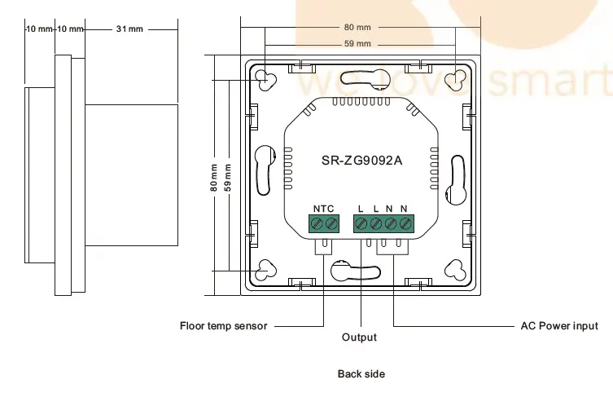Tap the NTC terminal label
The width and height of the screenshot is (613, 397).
coord(323,209)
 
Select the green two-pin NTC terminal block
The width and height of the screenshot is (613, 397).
coord(323,223)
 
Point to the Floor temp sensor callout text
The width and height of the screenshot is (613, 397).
coord(223,326)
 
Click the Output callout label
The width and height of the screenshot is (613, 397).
coord(359,337)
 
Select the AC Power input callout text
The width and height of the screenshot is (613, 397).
coord(558,326)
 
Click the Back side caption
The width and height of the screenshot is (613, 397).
coord(361,374)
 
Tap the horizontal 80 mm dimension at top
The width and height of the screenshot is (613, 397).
coord(359,28)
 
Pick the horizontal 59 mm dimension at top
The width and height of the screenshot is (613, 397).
coord(358,43)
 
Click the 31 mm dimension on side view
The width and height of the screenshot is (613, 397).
coord(129,29)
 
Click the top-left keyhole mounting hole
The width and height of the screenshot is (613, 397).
coord(266,79)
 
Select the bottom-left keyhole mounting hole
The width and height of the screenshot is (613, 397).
coord(266,271)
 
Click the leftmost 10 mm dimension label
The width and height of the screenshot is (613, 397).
coord(39,29)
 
